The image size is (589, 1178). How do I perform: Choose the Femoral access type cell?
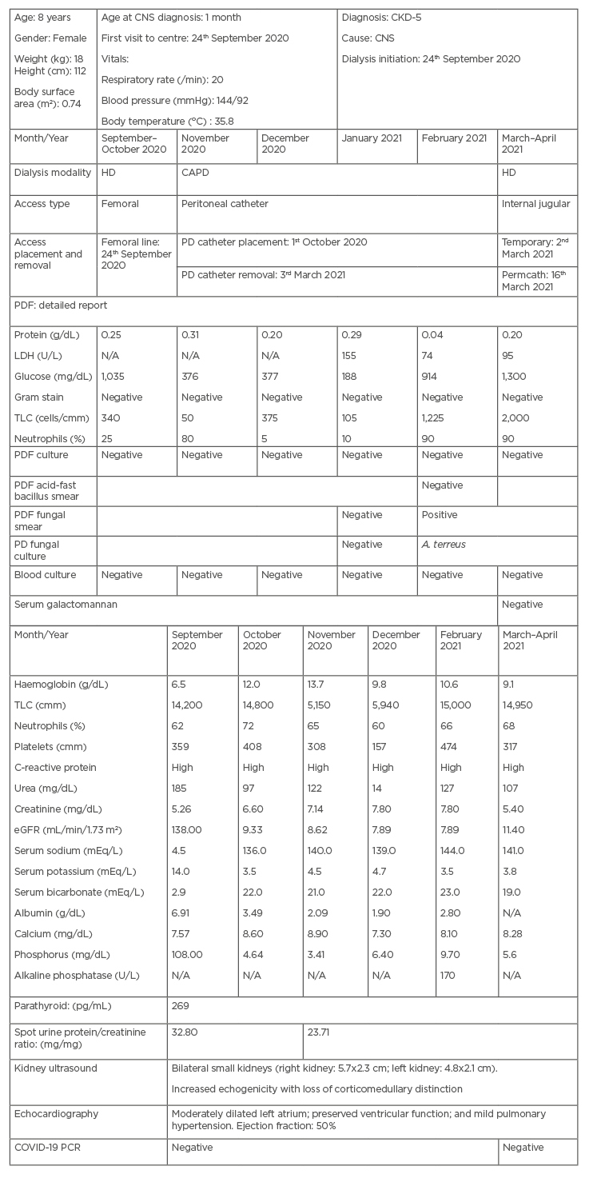[120, 204]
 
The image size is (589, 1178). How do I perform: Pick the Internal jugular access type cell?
[535, 204]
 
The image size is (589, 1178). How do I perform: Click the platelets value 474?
[451, 747]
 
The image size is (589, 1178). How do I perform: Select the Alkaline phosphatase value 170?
[450, 975]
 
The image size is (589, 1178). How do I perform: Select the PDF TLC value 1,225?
[436, 417]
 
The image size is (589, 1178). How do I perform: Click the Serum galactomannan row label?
[66, 605]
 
